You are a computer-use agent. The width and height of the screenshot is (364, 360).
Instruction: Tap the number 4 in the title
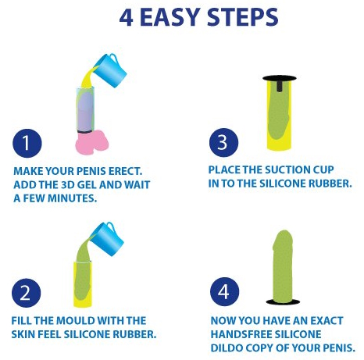[x=127, y=18]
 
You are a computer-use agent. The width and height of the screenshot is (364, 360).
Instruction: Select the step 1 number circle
[x=27, y=143]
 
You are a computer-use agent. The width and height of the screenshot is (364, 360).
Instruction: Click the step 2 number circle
[x=27, y=293]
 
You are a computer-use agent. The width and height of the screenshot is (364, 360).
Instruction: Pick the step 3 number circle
[x=223, y=143]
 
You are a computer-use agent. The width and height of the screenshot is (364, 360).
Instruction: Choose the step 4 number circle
[x=224, y=291]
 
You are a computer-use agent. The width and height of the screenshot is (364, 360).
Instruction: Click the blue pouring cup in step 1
[x=111, y=70]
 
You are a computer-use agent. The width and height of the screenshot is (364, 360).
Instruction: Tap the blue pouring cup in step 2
[x=108, y=238]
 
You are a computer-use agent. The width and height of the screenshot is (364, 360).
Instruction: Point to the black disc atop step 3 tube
[x=280, y=78]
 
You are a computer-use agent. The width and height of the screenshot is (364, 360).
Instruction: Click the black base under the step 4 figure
[x=283, y=302]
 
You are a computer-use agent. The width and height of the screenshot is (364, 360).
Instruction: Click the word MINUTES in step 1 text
[x=73, y=198]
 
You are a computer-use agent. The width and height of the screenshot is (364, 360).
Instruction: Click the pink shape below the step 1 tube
[x=92, y=143]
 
